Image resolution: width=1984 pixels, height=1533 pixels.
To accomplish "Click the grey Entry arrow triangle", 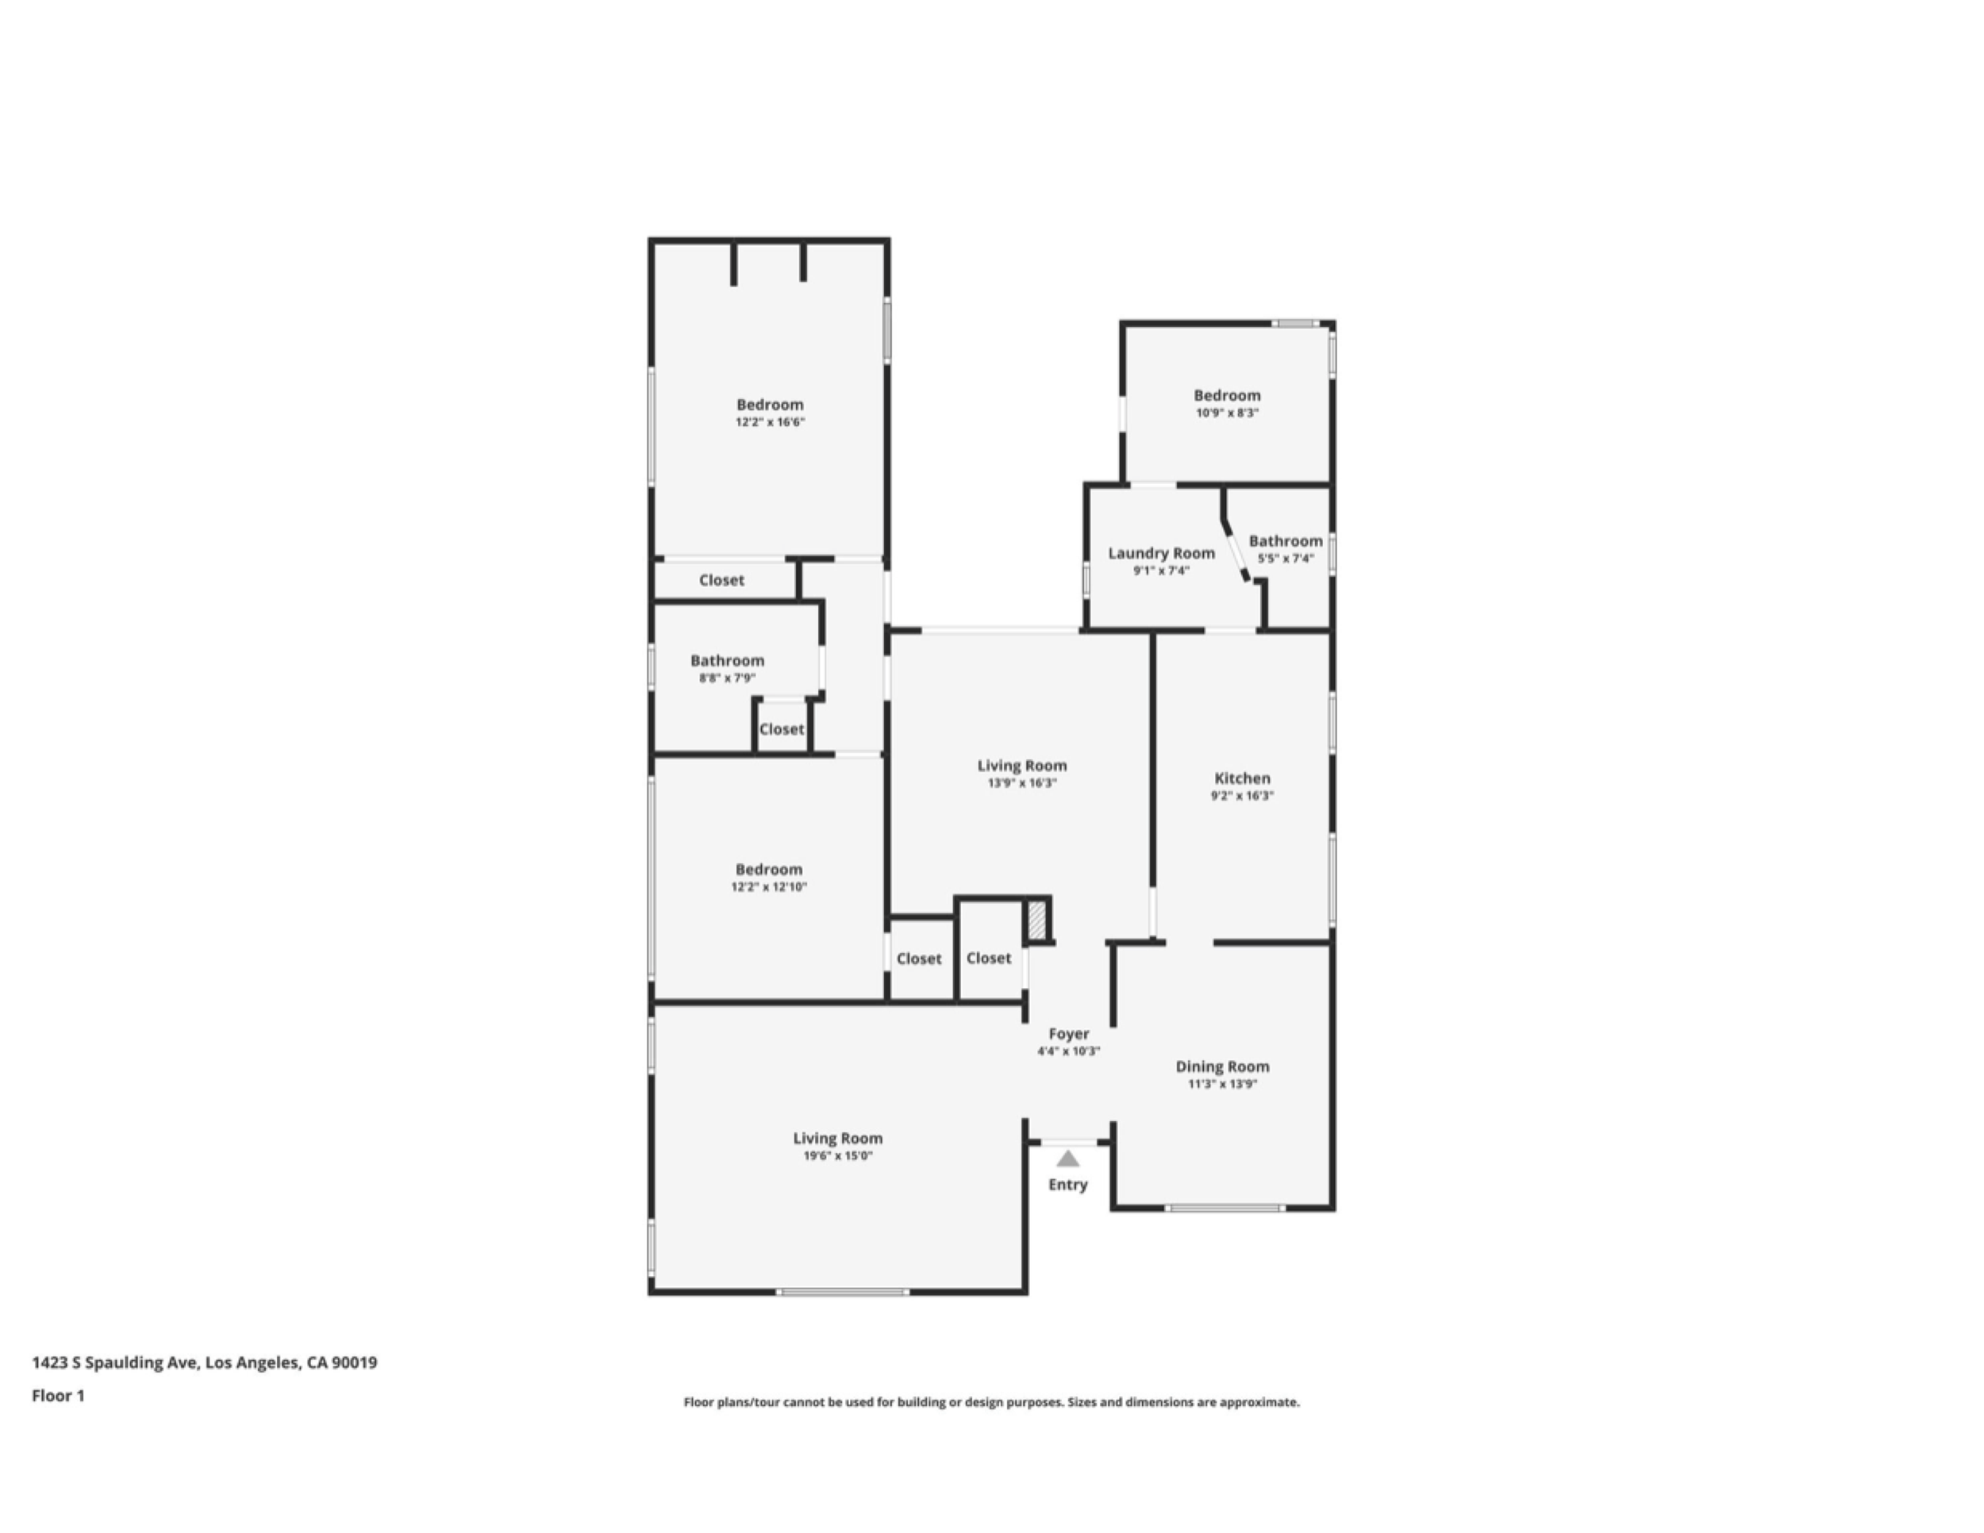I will (x=1067, y=1158).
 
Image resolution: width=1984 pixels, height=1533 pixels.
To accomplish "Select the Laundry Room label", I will (x=1161, y=553).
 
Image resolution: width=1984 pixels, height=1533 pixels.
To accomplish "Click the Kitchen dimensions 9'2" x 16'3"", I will (x=1242, y=796).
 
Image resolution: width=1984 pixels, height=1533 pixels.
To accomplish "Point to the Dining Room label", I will (x=1222, y=1066).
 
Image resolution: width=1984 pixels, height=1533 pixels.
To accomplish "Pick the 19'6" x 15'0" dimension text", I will (x=836, y=1155).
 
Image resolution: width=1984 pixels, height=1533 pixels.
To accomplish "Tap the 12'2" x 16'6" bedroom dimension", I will (x=770, y=422).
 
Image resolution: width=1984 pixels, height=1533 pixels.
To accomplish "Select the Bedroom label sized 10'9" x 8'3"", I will (x=1226, y=395).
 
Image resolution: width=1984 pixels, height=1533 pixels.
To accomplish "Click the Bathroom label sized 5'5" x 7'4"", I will (x=1285, y=540).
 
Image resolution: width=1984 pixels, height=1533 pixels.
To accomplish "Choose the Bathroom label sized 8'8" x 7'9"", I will (x=727, y=660).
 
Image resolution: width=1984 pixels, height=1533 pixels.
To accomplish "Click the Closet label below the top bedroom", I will (x=721, y=579).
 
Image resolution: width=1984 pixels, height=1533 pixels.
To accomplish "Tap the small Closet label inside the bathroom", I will (x=781, y=728).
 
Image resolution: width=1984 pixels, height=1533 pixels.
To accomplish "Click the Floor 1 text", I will (x=58, y=1395).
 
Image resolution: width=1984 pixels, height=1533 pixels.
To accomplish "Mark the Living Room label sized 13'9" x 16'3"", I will (x=1022, y=766).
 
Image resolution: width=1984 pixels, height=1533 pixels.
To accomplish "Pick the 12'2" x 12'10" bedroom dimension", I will (x=768, y=886).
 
